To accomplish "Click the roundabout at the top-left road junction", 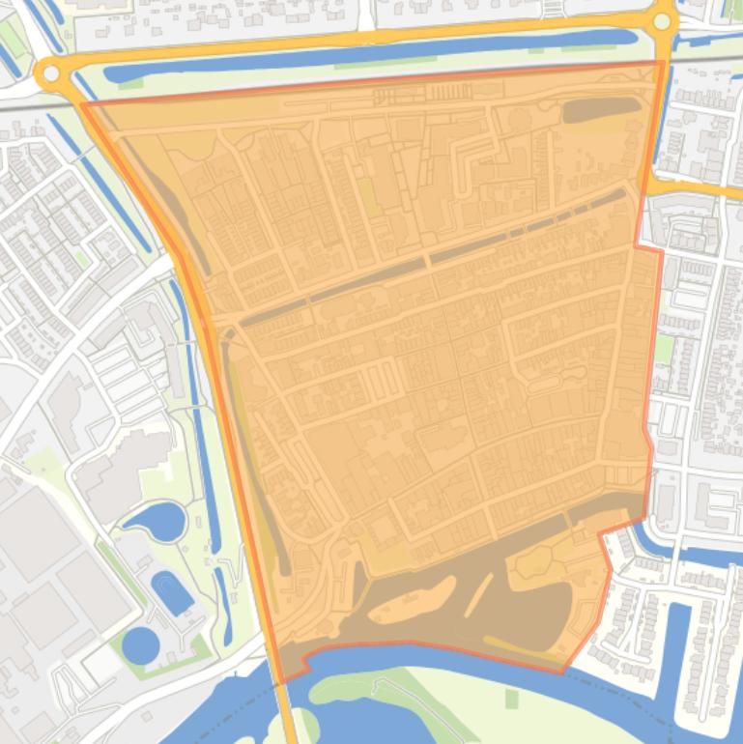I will pos(49,72).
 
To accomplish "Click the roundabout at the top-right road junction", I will pos(663,22).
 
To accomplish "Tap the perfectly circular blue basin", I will pos(140,644).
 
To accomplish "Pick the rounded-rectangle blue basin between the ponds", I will pos(172,591).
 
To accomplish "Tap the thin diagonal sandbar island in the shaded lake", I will pos(477,595).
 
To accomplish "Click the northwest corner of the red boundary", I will pos(81,102).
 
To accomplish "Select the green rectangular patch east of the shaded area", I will pos(664,349).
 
